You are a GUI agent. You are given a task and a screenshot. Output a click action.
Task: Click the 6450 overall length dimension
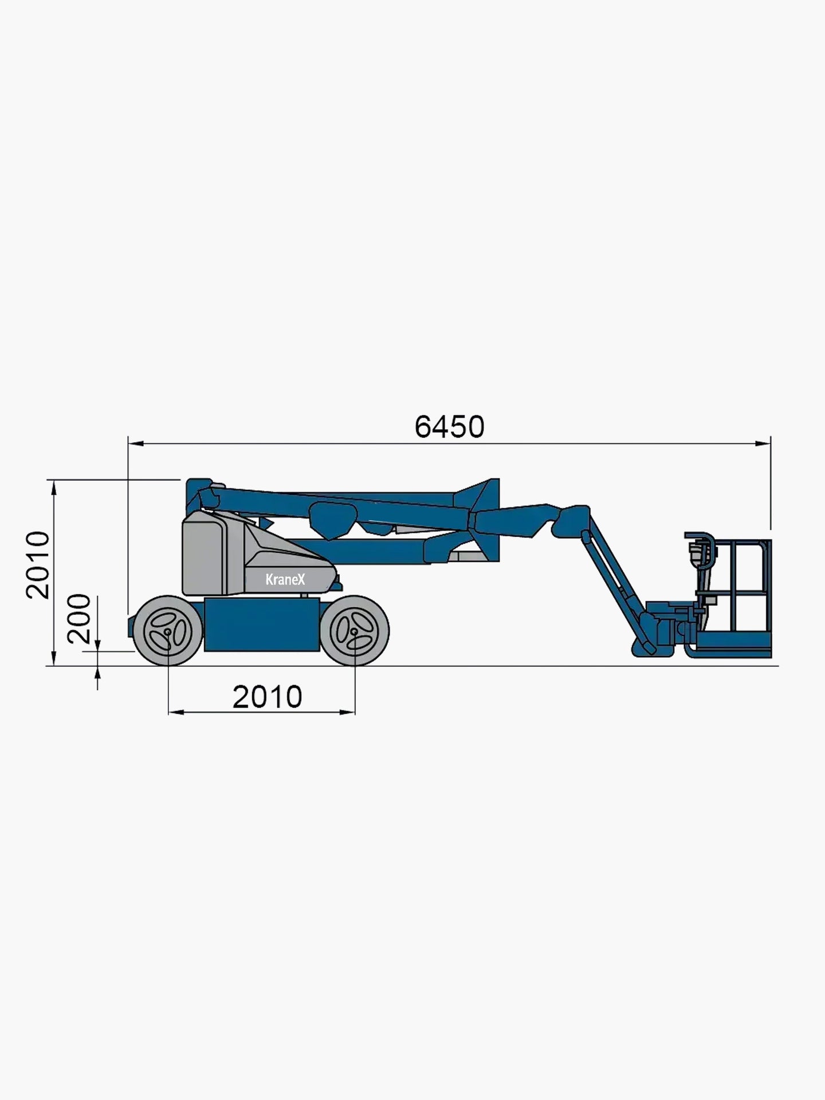point(449,427)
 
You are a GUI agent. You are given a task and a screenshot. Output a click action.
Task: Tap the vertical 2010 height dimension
point(38,565)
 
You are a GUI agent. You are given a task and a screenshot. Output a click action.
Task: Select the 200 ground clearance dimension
point(78,619)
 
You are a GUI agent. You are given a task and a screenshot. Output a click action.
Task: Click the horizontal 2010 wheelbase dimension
point(267,697)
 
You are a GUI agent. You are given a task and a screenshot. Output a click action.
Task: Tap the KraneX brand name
point(285,579)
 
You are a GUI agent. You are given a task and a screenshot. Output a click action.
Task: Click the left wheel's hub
point(167,631)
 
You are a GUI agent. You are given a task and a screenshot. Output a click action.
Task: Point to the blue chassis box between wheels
point(262,625)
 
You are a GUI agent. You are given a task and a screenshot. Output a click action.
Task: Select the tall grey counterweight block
point(205,553)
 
